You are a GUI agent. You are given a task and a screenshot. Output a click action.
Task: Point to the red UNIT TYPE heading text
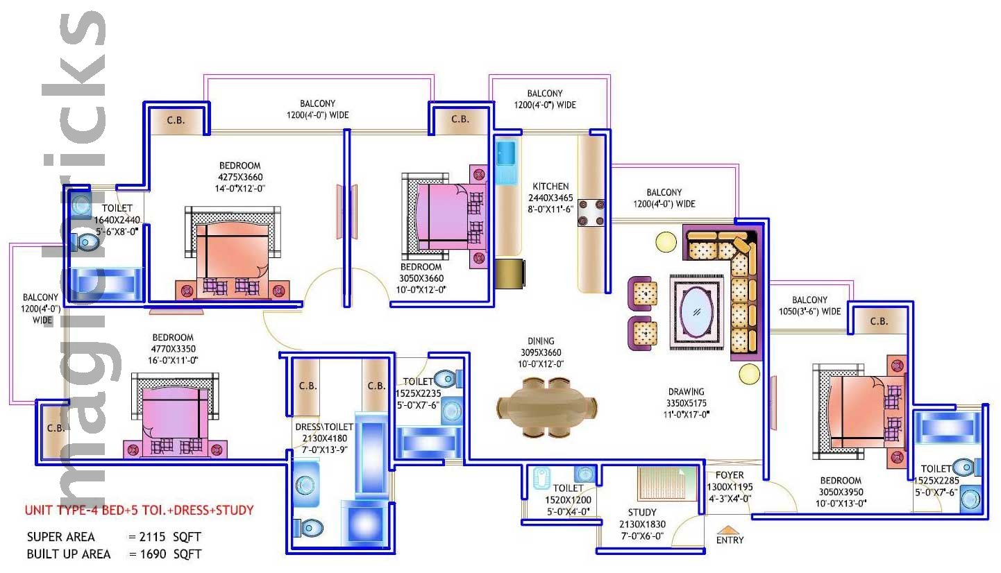[x=139, y=511]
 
